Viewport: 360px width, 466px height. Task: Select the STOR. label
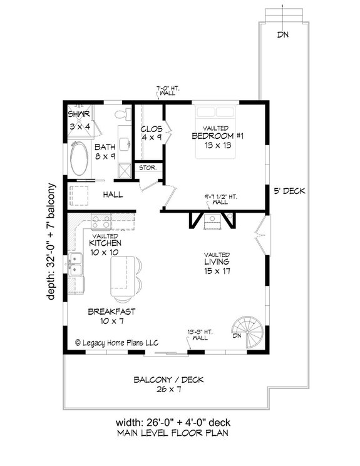pyautogui.click(x=147, y=168)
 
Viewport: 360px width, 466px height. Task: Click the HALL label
pyautogui.click(x=113, y=195)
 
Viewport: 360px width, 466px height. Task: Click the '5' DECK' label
pyautogui.click(x=289, y=192)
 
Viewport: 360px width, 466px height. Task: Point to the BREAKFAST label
pyautogui.click(x=112, y=311)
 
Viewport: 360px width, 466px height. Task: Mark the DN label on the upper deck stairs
pyautogui.click(x=283, y=34)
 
